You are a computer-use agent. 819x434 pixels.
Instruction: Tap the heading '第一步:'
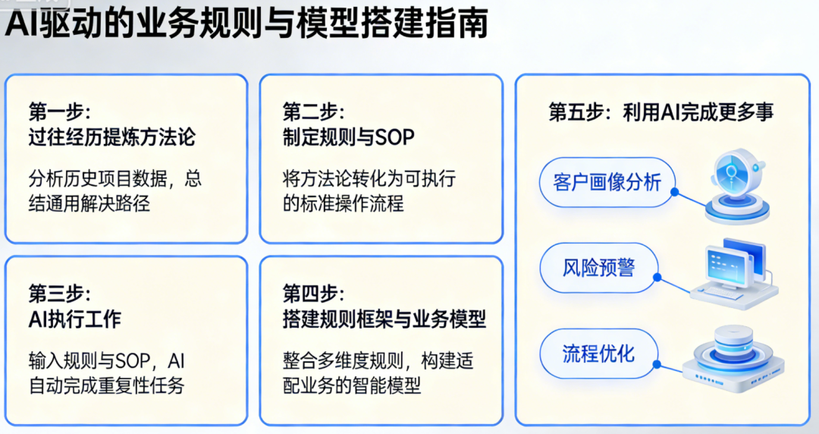[x=60, y=112]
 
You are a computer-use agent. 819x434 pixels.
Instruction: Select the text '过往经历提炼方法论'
[x=112, y=137]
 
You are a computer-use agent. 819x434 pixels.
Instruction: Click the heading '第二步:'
[x=313, y=112]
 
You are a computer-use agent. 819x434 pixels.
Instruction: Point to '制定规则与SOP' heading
[x=349, y=137]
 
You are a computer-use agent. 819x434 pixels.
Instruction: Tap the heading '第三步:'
[x=60, y=294]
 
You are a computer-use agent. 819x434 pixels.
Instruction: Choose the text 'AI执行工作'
[x=75, y=319]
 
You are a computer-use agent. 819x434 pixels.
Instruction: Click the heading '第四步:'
[x=313, y=294]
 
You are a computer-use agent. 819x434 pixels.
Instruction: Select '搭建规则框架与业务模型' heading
[x=384, y=319]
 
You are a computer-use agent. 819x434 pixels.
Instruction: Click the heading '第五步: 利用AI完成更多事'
[x=661, y=112]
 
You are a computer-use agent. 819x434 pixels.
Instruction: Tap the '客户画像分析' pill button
[x=607, y=182]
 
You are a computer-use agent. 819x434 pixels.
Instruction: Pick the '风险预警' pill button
[x=598, y=268]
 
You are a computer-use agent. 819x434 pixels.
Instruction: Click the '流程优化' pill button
[x=598, y=354]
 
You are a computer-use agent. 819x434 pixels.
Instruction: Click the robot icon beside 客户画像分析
[x=737, y=186]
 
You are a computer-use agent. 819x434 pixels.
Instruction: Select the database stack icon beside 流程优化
[x=733, y=359]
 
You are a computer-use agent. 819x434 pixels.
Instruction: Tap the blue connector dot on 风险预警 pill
[x=657, y=278]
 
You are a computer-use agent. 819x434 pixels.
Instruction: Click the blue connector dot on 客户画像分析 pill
[x=674, y=193]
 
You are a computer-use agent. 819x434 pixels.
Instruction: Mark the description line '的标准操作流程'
[x=344, y=203]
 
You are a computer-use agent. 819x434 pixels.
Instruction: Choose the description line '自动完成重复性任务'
[x=107, y=385]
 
